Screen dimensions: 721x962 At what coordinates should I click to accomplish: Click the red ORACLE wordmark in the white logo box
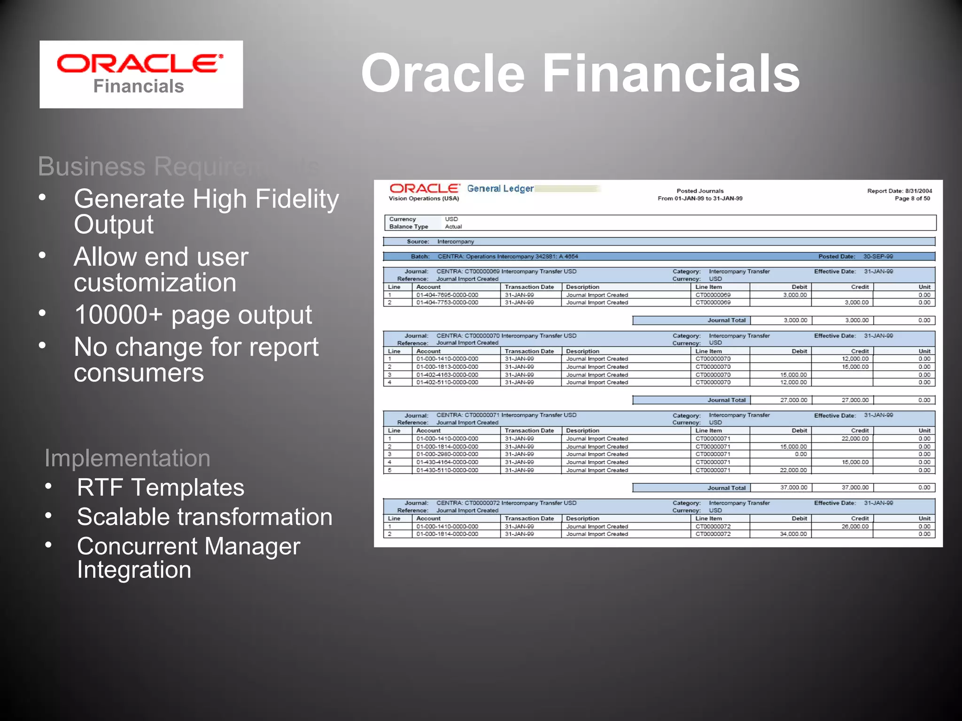pos(140,64)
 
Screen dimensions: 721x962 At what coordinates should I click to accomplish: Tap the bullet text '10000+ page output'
pos(193,314)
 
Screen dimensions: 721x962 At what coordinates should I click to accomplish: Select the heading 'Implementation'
pos(127,458)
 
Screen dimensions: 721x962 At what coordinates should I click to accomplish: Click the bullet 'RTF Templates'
pos(161,487)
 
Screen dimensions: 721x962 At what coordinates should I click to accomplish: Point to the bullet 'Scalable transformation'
pos(205,517)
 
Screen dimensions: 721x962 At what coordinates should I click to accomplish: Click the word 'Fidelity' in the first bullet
pos(297,199)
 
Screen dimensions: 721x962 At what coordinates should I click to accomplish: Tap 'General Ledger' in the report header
pos(500,189)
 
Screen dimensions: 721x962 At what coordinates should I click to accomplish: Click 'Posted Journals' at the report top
pos(700,191)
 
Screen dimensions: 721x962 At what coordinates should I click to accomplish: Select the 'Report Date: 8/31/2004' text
pos(899,191)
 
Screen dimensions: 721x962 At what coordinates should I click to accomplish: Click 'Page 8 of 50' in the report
pos(912,199)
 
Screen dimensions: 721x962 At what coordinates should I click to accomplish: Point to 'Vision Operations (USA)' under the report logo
pos(424,199)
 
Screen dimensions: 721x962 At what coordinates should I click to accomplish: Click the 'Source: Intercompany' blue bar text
pos(441,242)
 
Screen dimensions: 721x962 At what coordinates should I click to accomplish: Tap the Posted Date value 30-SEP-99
pos(878,257)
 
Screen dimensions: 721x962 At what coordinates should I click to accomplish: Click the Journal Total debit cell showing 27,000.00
pos(793,400)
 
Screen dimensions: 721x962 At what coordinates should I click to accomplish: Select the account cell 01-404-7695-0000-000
pos(447,295)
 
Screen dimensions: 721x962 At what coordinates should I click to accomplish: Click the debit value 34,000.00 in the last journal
pos(793,534)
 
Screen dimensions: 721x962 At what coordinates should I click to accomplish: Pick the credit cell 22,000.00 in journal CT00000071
pos(855,439)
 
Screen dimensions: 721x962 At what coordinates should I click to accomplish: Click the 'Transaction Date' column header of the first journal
pos(529,287)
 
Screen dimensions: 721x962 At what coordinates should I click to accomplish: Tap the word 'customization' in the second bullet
pos(155,283)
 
